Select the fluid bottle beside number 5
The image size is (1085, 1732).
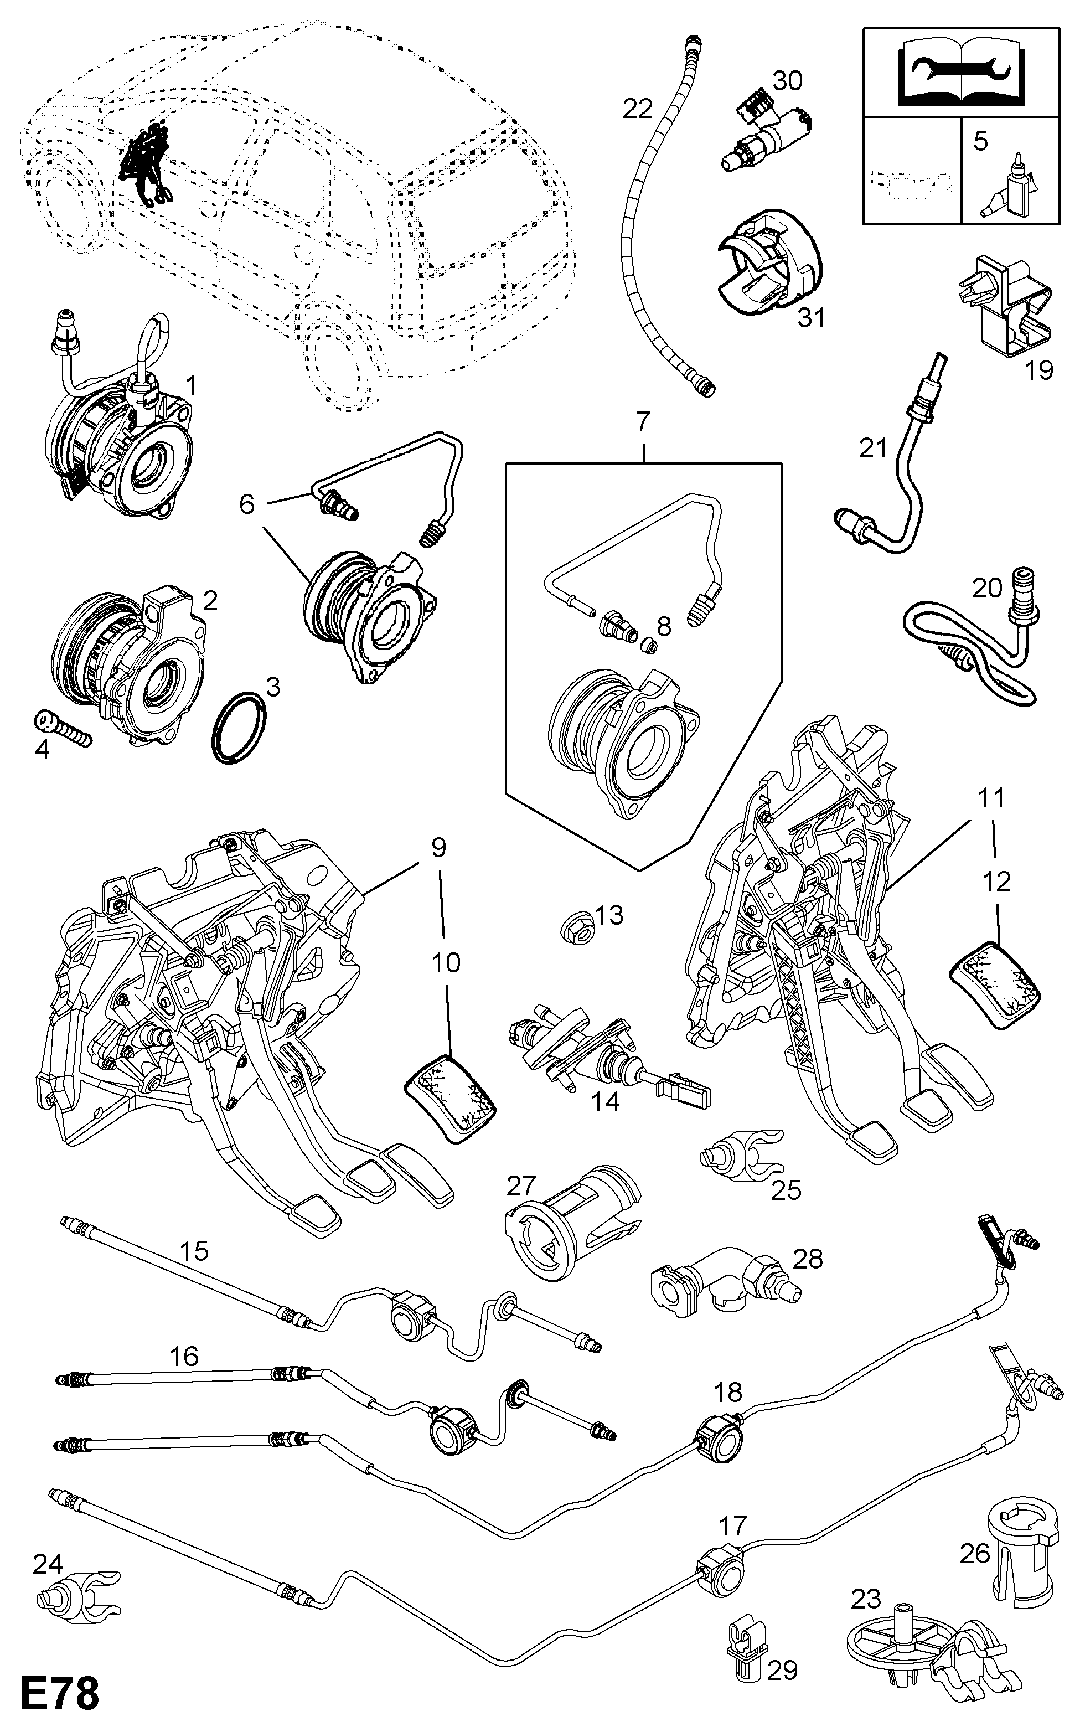click(1008, 188)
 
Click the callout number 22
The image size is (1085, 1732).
click(638, 109)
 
